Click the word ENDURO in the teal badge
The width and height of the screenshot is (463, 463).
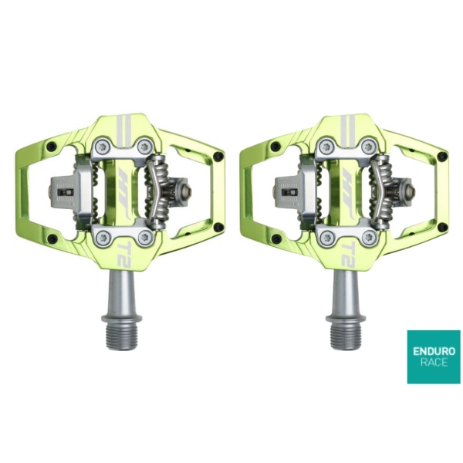click(434, 352)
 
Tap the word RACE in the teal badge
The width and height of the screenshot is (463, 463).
click(434, 363)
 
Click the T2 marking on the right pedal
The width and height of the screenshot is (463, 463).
click(349, 255)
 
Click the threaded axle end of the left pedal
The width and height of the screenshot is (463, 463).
click(122, 336)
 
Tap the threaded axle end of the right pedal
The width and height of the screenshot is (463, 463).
click(346, 336)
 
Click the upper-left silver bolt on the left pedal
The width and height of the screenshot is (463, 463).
click(103, 146)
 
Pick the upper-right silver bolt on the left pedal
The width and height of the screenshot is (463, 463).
click(145, 146)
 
